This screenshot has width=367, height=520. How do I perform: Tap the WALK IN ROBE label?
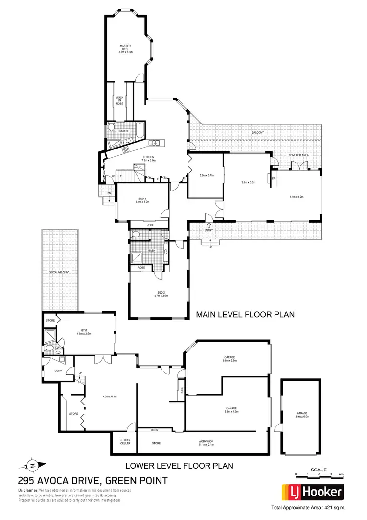(x=120, y=101)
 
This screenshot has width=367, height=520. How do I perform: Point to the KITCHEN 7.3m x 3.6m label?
(x=148, y=159)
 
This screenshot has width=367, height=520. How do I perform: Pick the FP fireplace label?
(x=273, y=178)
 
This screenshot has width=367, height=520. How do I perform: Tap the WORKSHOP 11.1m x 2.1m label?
(x=205, y=442)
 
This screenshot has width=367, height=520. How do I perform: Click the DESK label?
(x=154, y=430)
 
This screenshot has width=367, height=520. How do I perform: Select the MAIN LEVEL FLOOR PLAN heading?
(x=245, y=314)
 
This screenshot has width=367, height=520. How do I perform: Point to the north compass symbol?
(x=33, y=466)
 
